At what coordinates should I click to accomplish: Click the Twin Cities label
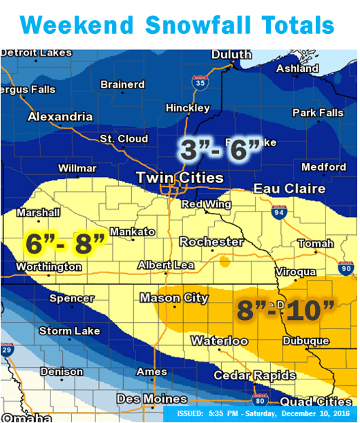(180, 178)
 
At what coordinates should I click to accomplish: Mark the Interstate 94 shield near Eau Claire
(278, 211)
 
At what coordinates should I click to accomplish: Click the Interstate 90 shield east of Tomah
(346, 267)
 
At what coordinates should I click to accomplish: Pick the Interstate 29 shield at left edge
(6, 349)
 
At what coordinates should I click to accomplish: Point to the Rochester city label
(211, 242)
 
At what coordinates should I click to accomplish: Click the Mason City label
(173, 298)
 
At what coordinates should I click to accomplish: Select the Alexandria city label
(60, 117)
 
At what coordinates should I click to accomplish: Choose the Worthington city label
(48, 267)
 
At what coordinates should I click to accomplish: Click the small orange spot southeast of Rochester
(225, 261)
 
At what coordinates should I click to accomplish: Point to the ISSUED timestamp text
(265, 414)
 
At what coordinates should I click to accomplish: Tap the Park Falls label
(318, 113)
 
